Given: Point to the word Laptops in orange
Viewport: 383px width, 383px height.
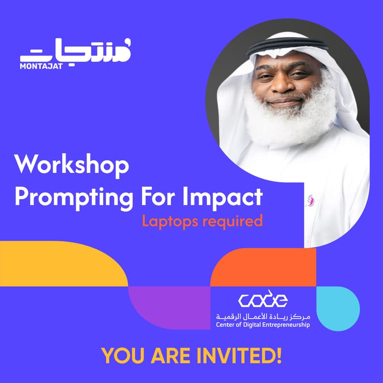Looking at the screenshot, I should [x=168, y=221].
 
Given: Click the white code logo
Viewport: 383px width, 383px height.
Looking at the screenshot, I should [x=263, y=300].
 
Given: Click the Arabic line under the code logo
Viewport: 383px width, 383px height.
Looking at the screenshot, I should [x=263, y=316].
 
